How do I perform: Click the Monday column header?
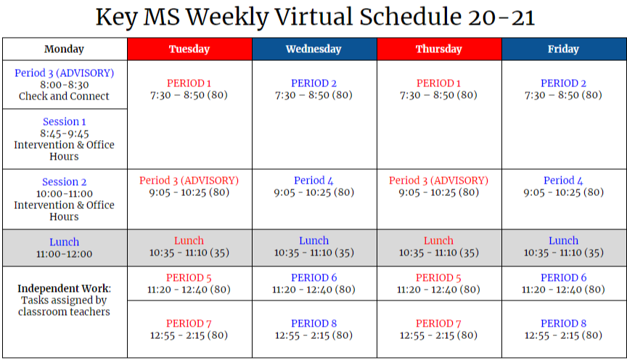pos(64,49)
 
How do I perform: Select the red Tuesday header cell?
pos(189,49)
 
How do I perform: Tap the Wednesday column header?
pos(313,49)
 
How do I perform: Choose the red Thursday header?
pos(438,49)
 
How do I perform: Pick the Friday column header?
pos(563,49)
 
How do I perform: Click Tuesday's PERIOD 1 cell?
pos(189,89)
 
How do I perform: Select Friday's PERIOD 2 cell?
pos(563,89)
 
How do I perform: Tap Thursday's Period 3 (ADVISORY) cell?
pos(438,187)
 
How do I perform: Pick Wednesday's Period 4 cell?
pos(313,187)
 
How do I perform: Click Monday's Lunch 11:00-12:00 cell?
pos(64,247)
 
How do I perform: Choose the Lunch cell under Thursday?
pos(438,247)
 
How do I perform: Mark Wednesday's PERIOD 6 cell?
pos(313,283)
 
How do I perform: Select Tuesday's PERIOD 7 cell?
pos(189,329)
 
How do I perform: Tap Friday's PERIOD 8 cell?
pos(563,329)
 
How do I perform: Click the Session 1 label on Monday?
pos(64,122)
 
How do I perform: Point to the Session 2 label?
pos(64,182)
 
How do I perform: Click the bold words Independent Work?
pos(64,288)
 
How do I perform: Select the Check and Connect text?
pos(64,97)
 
